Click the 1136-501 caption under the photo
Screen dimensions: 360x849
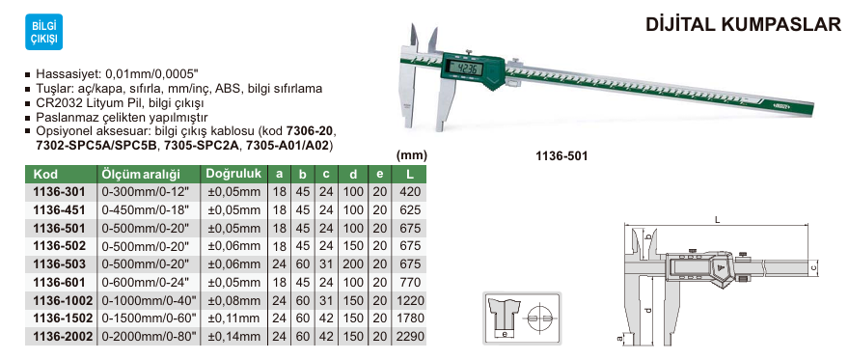pyautogui.click(x=561, y=155)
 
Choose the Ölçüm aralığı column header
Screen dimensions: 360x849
pyautogui.click(x=141, y=175)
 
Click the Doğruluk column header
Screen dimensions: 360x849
pyautogui.click(x=233, y=174)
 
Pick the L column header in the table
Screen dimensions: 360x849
pyautogui.click(x=411, y=175)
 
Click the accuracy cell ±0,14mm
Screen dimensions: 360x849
pyautogui.click(x=234, y=337)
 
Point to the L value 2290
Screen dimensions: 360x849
pyautogui.click(x=411, y=337)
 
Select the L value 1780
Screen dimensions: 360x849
pyautogui.click(x=411, y=318)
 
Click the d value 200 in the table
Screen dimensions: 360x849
pyautogui.click(x=354, y=264)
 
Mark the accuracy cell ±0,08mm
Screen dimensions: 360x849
pyautogui.click(x=234, y=300)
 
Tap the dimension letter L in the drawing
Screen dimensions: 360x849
pyautogui.click(x=718, y=220)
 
